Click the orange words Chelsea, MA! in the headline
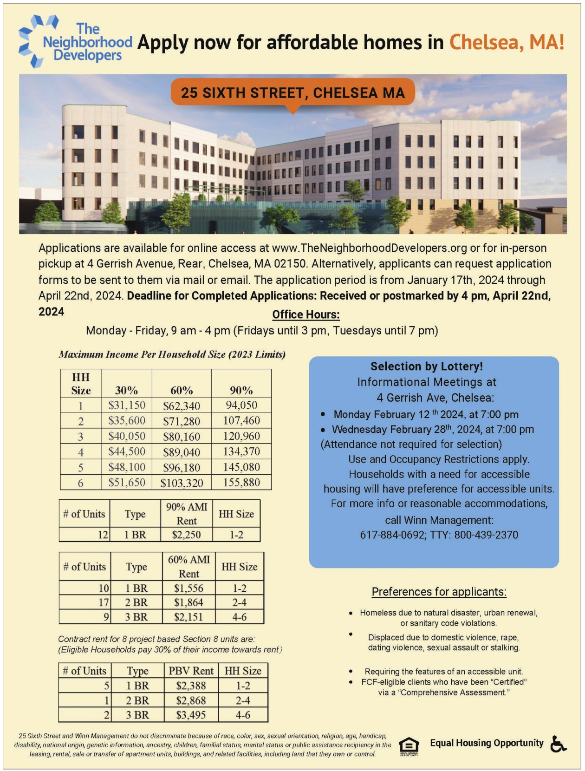[507, 42]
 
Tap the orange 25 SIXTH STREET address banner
[292, 92]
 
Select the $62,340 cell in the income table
[182, 406]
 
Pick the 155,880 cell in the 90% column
[241, 483]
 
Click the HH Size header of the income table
[81, 384]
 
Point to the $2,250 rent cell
[186, 535]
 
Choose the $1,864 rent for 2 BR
[188, 602]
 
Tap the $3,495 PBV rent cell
[191, 715]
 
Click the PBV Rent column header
[191, 671]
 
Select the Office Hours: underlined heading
[306, 314]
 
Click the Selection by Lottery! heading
[426, 366]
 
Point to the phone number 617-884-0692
[392, 535]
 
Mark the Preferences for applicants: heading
[439, 592]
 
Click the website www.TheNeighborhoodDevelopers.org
[370, 248]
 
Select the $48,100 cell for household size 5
[127, 467]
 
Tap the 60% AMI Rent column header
[188, 567]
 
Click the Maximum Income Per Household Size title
[172, 354]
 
